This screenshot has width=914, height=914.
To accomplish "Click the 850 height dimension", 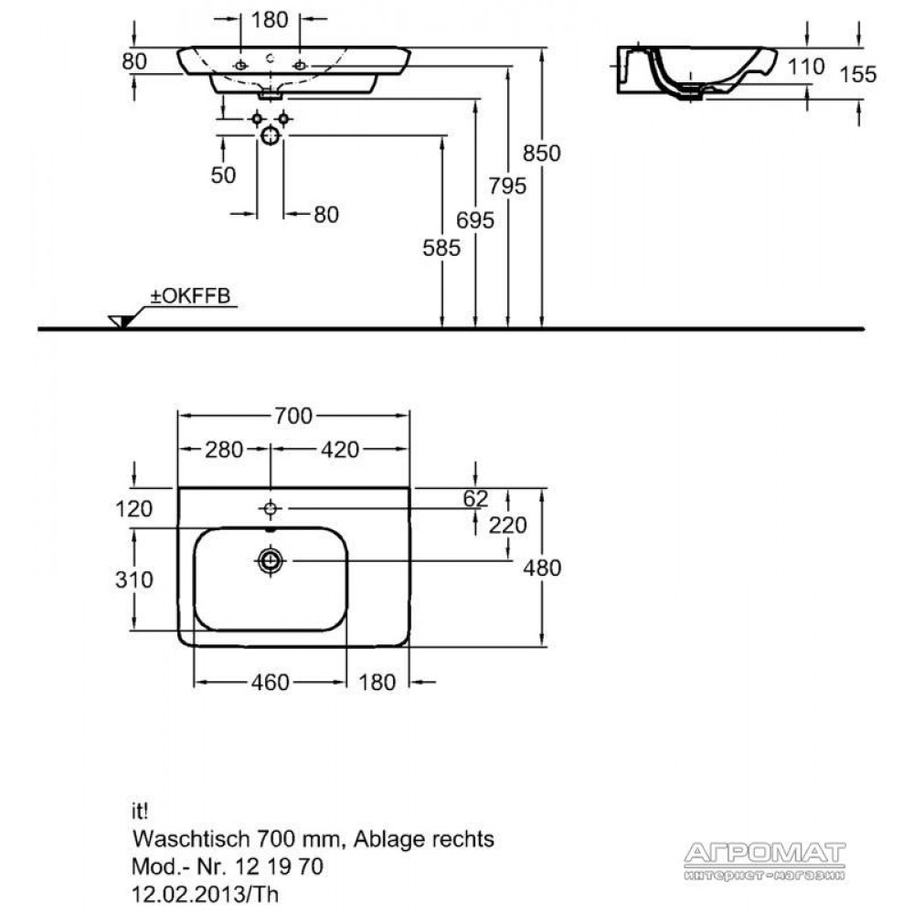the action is tap(541, 153).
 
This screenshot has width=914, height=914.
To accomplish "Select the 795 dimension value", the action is tap(507, 186).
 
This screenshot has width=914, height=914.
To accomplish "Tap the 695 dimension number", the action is tap(475, 219).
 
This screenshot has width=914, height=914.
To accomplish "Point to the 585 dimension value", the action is tap(441, 248).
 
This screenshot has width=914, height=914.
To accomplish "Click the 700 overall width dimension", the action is tap(293, 416).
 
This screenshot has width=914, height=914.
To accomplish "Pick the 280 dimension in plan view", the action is tap(224, 450).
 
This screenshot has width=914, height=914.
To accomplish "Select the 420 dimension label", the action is tap(340, 450).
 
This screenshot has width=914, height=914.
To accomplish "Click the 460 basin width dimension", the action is tap(270, 682).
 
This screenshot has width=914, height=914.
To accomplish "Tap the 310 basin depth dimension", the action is tap(134, 579).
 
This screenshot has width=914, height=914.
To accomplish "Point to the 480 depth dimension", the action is tap(541, 568).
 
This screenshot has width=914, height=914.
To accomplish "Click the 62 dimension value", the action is tap(475, 498).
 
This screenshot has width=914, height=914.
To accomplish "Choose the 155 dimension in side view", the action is tap(858, 74).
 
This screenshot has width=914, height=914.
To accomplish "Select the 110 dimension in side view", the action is tap(805, 67).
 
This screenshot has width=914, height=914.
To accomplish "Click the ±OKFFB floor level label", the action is tap(191, 295).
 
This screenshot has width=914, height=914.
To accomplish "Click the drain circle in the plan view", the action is tap(270, 561).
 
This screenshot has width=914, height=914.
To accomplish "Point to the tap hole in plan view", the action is tap(270, 509).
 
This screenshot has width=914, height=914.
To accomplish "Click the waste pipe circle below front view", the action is tap(270, 135).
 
